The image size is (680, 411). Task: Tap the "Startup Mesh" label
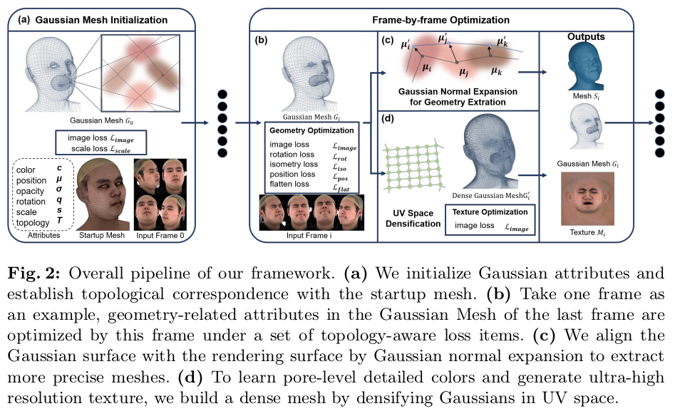click(101, 234)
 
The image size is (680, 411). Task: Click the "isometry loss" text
click(292, 164)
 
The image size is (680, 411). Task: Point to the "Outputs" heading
click(587, 36)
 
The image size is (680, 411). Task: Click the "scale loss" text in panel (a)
click(88, 149)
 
